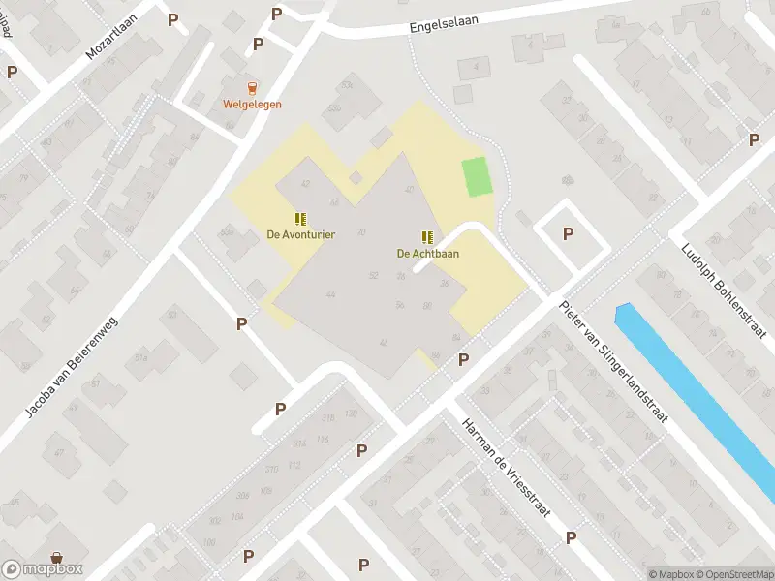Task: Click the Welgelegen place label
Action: (x=252, y=105)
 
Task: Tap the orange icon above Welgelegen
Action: (x=253, y=87)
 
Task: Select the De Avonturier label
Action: (x=301, y=234)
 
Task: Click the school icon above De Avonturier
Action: (x=301, y=218)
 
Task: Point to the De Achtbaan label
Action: (x=427, y=254)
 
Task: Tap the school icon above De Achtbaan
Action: (x=427, y=237)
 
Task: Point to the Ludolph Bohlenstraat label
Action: (x=726, y=290)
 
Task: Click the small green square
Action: (x=477, y=176)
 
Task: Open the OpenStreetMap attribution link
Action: (x=732, y=574)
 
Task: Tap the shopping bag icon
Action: (x=58, y=558)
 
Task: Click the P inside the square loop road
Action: (x=568, y=233)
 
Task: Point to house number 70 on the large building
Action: (x=361, y=231)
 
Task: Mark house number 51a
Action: (x=141, y=358)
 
